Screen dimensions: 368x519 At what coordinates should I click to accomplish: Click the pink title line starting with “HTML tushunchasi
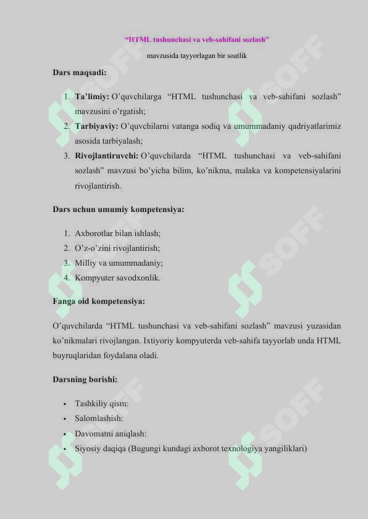tap(197, 40)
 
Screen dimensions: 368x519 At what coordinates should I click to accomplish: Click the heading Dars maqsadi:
tap(80, 72)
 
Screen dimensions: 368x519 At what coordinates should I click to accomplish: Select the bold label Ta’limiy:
tap(92, 97)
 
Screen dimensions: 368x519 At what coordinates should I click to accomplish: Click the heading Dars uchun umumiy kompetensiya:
tap(119, 209)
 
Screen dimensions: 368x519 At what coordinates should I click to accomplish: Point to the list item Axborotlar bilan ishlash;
tap(118, 234)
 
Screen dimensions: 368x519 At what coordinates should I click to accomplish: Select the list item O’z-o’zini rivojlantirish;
tap(117, 248)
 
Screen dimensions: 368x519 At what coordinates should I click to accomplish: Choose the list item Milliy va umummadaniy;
tap(119, 263)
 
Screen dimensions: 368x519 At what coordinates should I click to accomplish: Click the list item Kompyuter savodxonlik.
tap(117, 278)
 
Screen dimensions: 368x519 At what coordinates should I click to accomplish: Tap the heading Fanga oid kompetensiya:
tap(99, 302)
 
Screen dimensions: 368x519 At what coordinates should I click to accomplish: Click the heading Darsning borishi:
tap(85, 380)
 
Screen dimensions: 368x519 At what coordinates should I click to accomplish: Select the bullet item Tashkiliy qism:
tap(102, 404)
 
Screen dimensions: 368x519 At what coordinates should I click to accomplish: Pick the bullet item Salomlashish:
tap(99, 419)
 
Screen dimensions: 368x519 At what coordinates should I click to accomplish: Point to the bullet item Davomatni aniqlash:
tap(111, 434)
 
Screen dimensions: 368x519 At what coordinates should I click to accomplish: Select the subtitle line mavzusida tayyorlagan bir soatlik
tap(197, 55)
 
